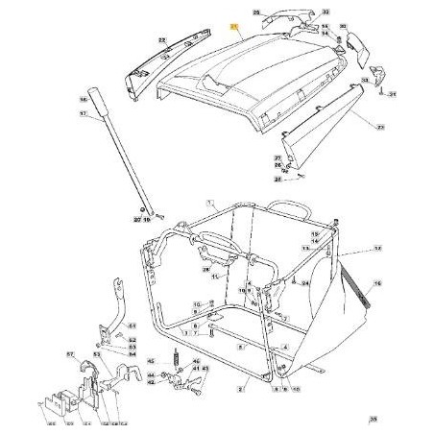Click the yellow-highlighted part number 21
pyautogui.click(x=232, y=30)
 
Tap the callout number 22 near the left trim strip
pyautogui.click(x=161, y=39)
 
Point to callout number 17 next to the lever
pyautogui.click(x=84, y=113)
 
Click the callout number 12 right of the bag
pyautogui.click(x=377, y=248)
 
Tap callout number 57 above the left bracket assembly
pyautogui.click(x=71, y=353)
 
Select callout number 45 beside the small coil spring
pyautogui.click(x=151, y=361)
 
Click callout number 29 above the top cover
pyautogui.click(x=256, y=12)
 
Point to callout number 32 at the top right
pyautogui.click(x=325, y=12)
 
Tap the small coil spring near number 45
pyautogui.click(x=177, y=362)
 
